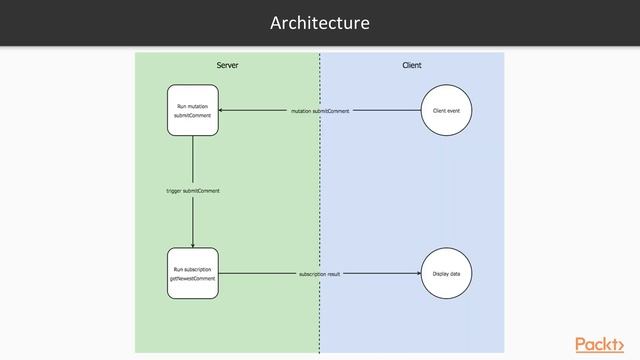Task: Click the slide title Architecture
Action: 320,22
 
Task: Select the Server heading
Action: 227,65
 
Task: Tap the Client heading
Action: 411,65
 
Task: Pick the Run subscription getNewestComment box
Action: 193,273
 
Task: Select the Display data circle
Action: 446,273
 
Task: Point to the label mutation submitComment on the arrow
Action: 320,111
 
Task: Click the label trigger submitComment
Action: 193,190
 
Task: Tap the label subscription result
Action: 320,273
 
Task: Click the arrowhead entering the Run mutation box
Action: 222,110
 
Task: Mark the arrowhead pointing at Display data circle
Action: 417,273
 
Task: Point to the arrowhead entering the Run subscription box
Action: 193,245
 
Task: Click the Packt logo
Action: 605,344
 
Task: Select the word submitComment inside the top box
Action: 193,116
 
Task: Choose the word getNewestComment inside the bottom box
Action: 193,279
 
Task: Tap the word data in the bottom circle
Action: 454,273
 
